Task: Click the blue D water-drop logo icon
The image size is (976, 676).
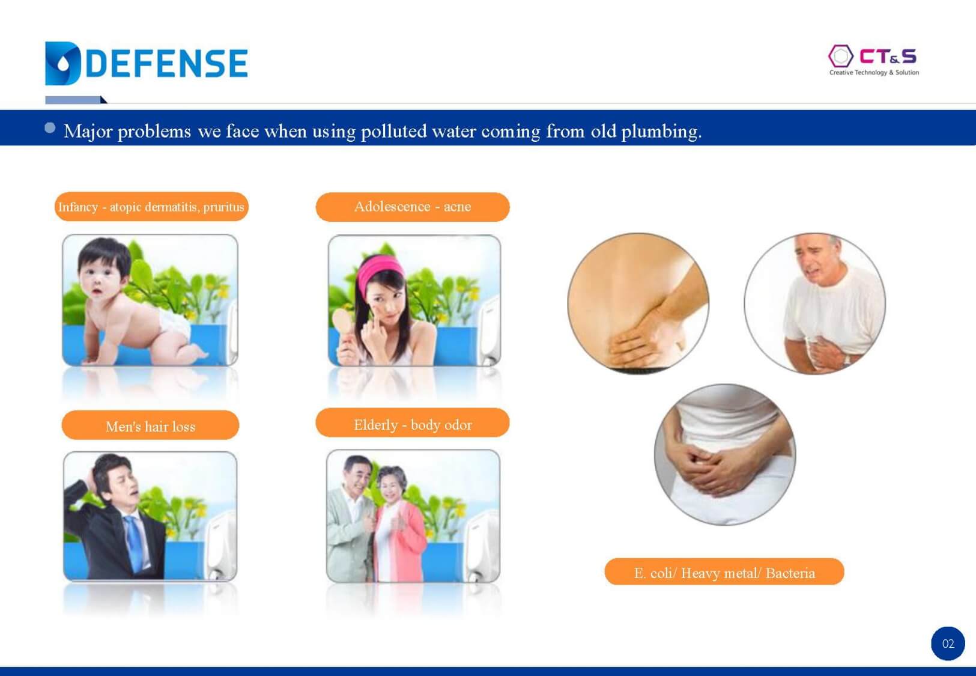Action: click(62, 64)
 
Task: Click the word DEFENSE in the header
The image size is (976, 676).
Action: click(168, 64)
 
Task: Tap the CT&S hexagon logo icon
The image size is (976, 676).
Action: click(840, 56)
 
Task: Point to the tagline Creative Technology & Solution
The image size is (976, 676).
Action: click(874, 72)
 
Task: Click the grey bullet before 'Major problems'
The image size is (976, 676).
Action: click(50, 128)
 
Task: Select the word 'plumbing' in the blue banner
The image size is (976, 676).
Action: click(661, 132)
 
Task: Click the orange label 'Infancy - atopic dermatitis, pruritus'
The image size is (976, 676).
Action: click(151, 207)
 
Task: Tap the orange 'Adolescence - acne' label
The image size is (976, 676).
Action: click(412, 207)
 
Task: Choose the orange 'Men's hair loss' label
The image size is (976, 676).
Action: click(150, 425)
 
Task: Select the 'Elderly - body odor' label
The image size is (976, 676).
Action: click(412, 423)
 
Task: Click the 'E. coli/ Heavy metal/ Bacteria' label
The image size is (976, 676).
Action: click(724, 572)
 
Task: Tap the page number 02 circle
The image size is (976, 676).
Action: click(948, 644)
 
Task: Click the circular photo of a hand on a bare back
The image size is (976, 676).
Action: click(638, 303)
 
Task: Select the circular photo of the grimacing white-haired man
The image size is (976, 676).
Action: click(815, 303)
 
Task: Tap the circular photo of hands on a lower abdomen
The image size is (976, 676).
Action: click(725, 455)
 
